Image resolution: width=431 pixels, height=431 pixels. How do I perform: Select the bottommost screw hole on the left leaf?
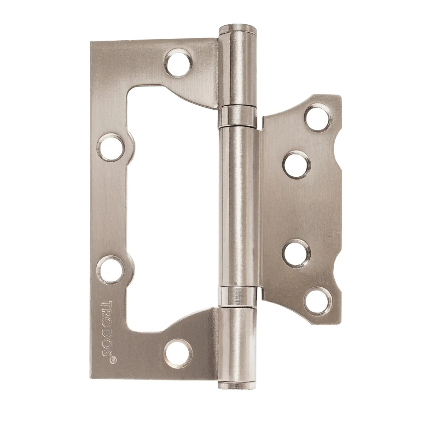(x=178, y=353)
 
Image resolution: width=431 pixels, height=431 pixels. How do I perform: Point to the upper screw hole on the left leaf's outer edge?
(x=111, y=147)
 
